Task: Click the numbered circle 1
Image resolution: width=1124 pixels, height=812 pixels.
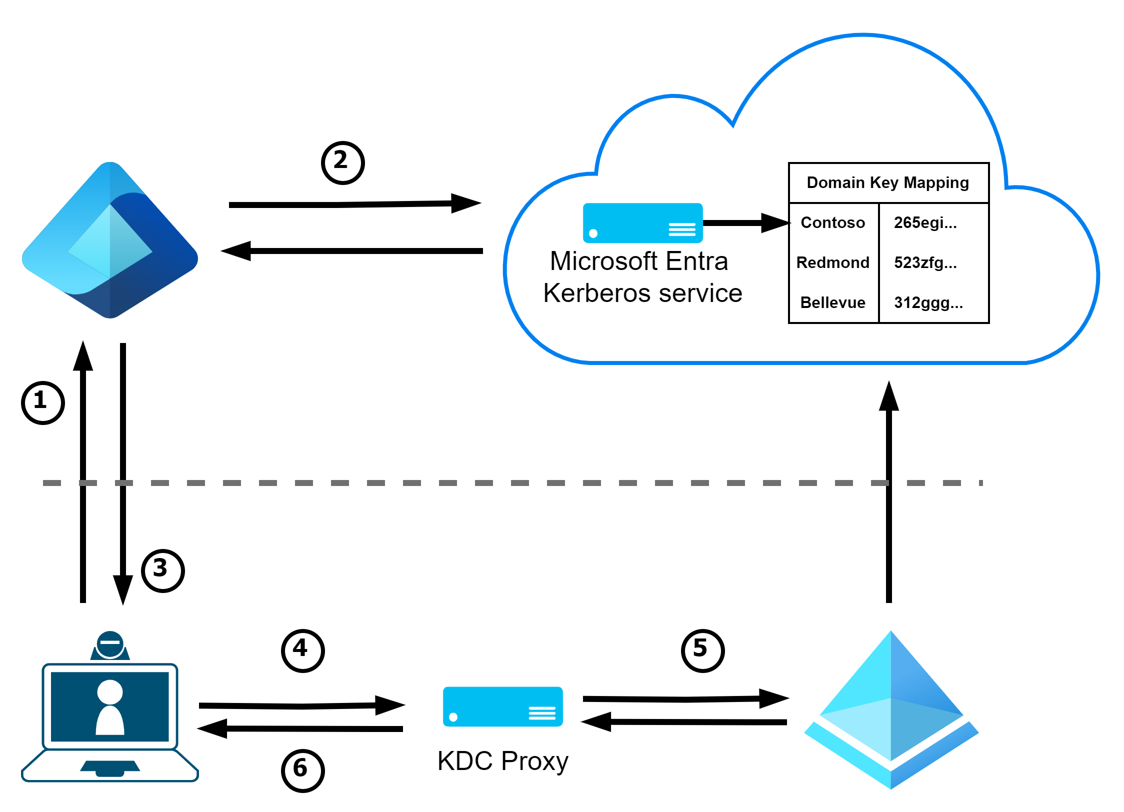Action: [x=43, y=402]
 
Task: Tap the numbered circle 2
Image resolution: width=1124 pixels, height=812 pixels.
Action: [x=343, y=162]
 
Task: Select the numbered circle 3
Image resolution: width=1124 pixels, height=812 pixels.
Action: [x=163, y=570]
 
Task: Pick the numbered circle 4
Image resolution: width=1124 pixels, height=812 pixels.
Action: [x=303, y=650]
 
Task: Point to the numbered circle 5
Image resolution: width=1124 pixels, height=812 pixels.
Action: [x=703, y=650]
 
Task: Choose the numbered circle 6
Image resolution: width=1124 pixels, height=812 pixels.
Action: [x=303, y=770]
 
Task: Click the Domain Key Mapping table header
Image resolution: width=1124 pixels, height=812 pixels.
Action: [x=888, y=182]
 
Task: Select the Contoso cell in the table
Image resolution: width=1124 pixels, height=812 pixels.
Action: [x=833, y=222]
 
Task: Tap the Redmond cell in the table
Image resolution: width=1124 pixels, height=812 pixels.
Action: [x=833, y=262]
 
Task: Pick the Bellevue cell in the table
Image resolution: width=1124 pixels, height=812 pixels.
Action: [x=833, y=302]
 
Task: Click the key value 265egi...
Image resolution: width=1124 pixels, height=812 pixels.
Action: [x=925, y=222]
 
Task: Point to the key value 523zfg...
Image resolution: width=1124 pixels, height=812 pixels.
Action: [x=925, y=262]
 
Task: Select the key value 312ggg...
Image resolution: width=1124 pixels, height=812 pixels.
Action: [x=928, y=302]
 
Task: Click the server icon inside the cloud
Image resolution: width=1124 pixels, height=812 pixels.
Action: [x=643, y=223]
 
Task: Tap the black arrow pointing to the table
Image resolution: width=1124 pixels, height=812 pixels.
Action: [x=745, y=223]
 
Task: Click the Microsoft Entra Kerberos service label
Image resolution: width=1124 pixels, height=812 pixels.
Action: [x=642, y=277]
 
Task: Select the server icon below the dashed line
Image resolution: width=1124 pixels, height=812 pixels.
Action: [x=503, y=706]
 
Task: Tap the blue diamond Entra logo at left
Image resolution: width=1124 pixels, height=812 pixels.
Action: [x=110, y=240]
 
